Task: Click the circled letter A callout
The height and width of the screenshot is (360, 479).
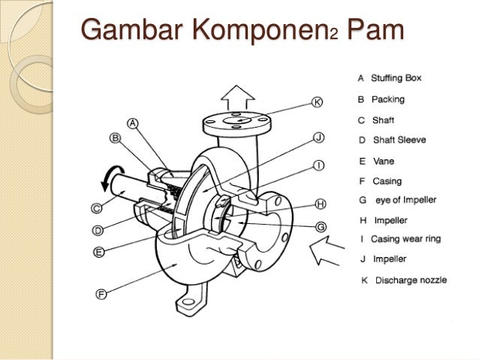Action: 133,124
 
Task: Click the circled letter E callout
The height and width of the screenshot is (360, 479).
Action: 97,253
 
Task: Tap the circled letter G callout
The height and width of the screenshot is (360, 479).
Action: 321,226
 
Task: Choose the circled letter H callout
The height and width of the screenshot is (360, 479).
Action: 321,204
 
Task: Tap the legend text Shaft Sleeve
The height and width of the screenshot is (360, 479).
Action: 402,140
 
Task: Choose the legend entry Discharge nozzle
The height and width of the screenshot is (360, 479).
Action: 410,280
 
